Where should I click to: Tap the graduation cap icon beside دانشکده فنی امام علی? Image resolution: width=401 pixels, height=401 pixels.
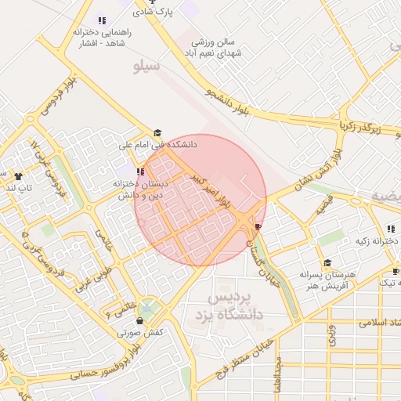pyautogui.click(x=157, y=133)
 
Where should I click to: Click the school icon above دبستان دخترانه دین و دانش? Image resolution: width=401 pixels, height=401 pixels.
pyautogui.click(x=140, y=172)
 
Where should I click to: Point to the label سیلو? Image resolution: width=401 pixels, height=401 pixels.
pyautogui.click(x=147, y=67)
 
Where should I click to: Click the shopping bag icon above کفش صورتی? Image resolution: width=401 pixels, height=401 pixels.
pyautogui.click(x=140, y=320)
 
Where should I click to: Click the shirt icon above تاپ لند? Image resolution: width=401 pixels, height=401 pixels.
pyautogui.click(x=18, y=176)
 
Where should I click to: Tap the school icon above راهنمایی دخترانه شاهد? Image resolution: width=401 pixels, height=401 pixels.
pyautogui.click(x=101, y=20)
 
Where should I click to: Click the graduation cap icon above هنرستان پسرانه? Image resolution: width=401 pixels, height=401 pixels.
pyautogui.click(x=327, y=263)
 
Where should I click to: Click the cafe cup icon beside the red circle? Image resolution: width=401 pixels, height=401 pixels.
pyautogui.click(x=258, y=226)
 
